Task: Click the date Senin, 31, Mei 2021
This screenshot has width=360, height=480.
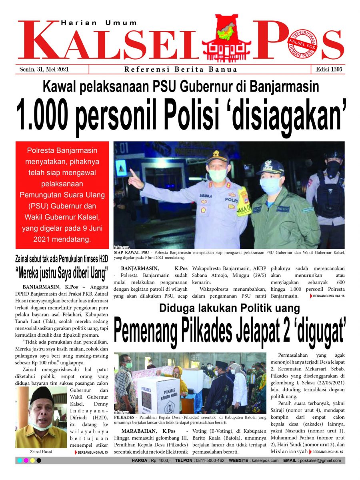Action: click(44, 69)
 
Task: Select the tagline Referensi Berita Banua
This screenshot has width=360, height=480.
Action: click(181, 70)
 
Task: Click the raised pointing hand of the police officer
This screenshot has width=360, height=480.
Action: click(135, 178)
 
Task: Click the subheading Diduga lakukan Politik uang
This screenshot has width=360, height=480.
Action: click(229, 308)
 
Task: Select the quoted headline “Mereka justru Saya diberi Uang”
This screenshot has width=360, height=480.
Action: click(62, 274)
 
